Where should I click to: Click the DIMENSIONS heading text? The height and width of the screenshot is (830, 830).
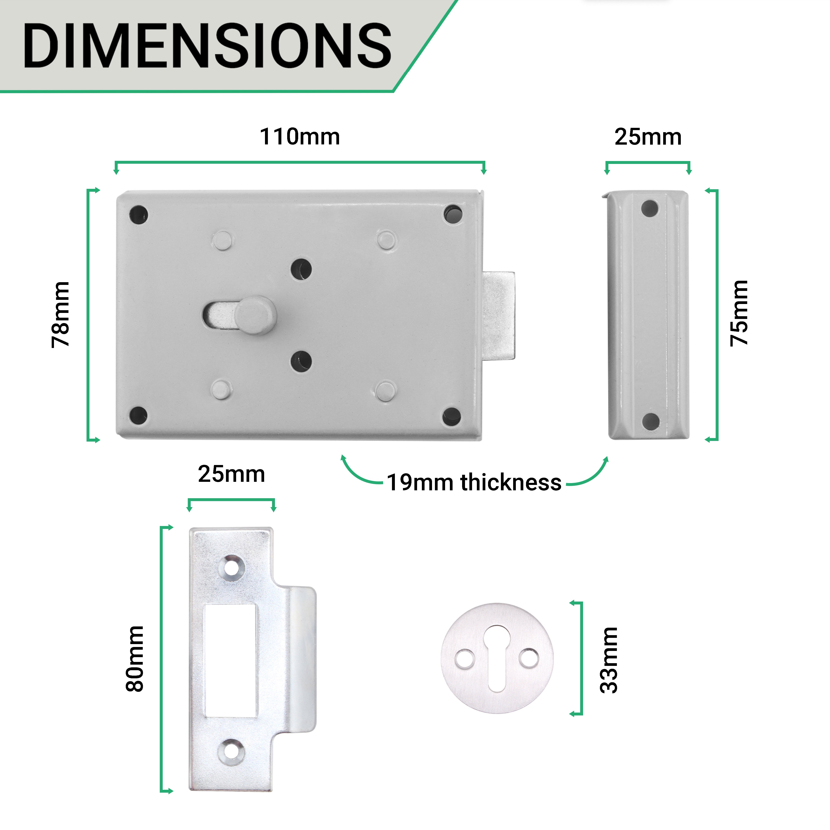pos(207,46)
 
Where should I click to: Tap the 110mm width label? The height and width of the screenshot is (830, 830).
pos(300,137)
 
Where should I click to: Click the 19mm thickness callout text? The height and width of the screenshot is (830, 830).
pos(474,482)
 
